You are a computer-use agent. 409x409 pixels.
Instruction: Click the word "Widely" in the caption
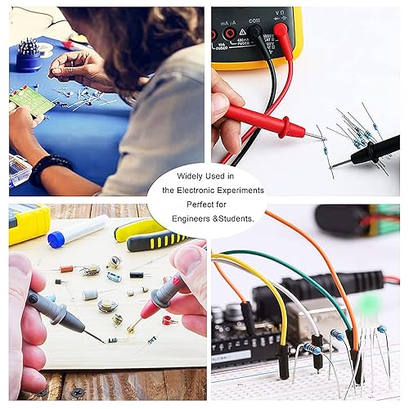[188, 176]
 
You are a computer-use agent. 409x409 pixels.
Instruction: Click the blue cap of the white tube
[56, 239]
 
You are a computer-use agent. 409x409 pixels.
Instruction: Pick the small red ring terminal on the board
[169, 320]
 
